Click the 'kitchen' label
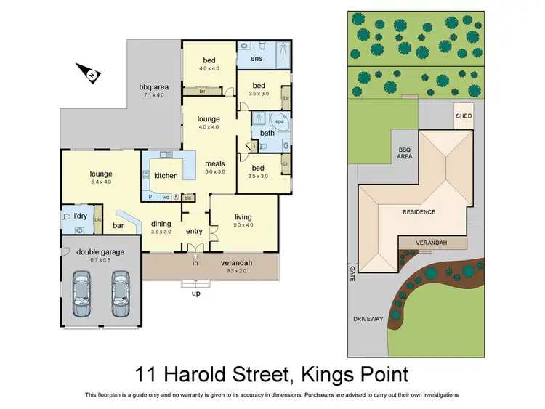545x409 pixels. [x=166, y=176]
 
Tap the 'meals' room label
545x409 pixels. [x=214, y=163]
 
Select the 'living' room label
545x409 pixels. [x=243, y=216]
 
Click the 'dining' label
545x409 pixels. [x=160, y=224]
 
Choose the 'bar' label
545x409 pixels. [x=118, y=226]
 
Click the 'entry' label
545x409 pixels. [x=194, y=232]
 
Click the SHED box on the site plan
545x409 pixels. [x=463, y=116]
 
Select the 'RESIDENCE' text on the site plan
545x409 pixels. [x=419, y=212]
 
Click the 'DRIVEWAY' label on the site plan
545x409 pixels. [x=367, y=318]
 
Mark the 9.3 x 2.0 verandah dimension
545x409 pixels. [x=236, y=270]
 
